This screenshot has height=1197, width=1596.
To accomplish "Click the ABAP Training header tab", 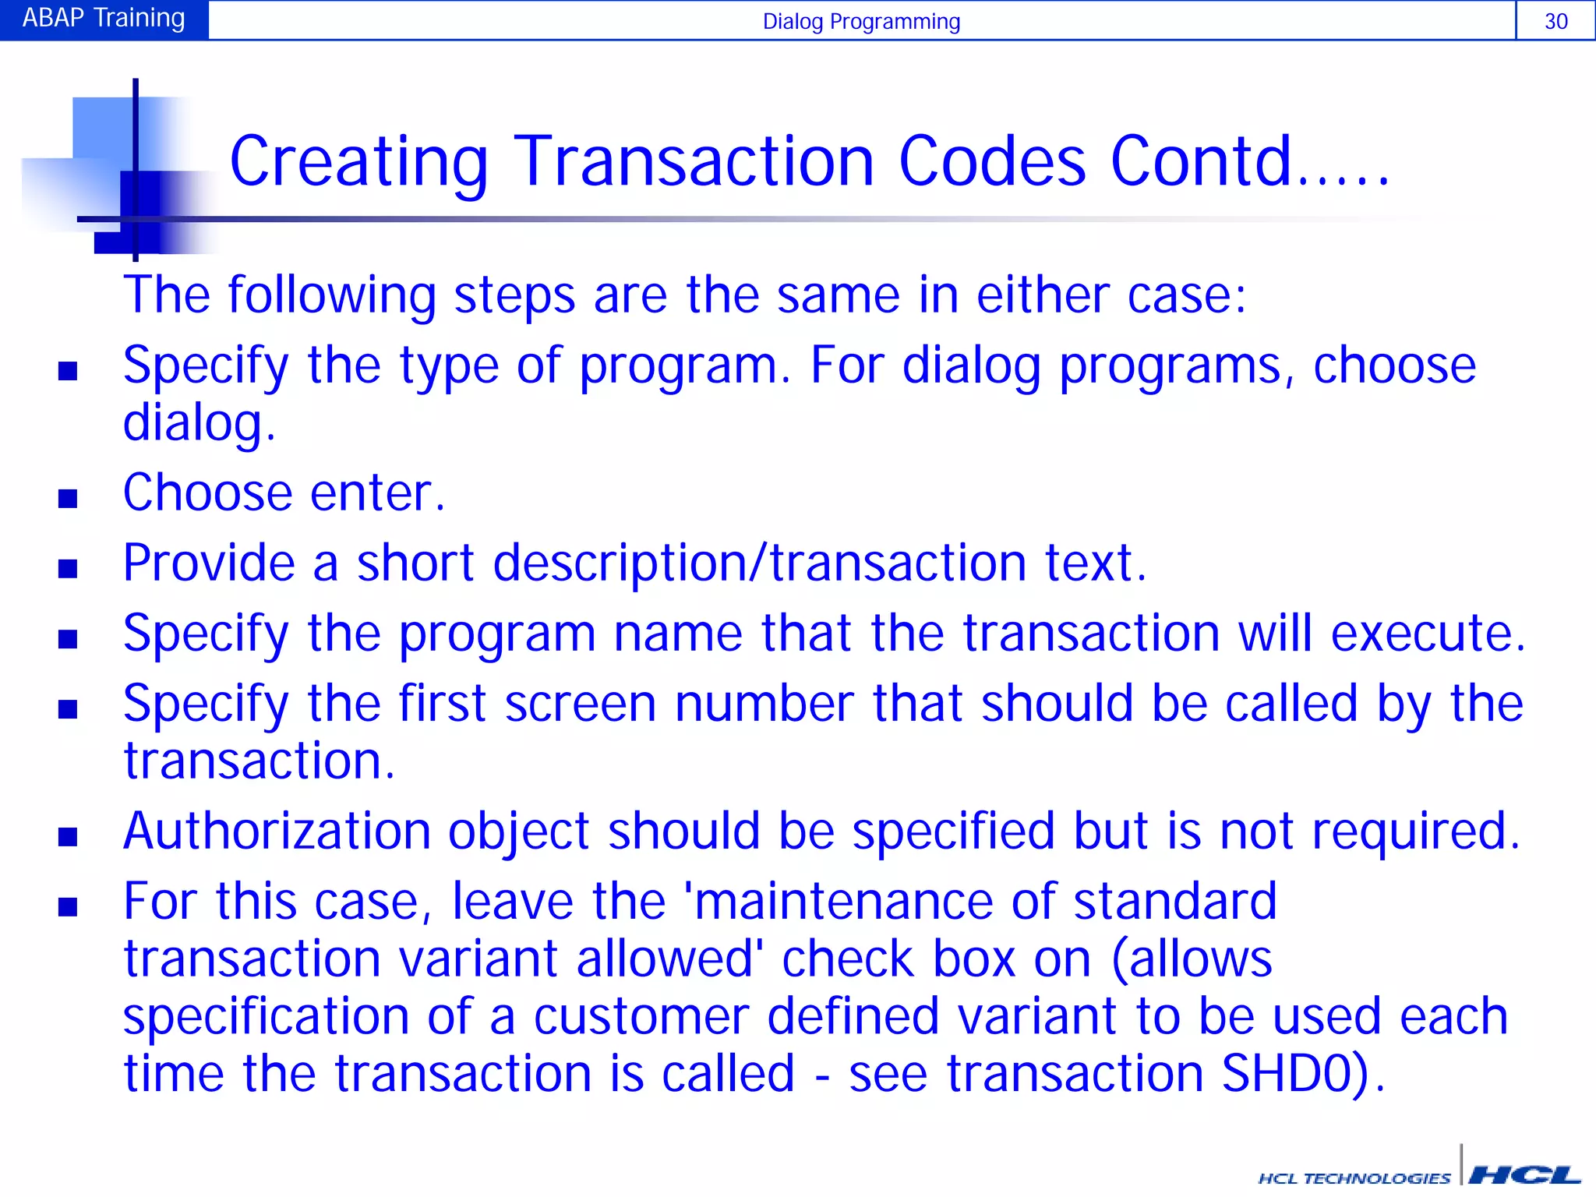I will pyautogui.click(x=104, y=19).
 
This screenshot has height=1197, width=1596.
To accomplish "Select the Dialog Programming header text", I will pyautogui.click(x=860, y=21).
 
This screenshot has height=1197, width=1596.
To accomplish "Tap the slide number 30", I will pyautogui.click(x=1555, y=21).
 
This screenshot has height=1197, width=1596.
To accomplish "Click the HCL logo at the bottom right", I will pyautogui.click(x=1524, y=1174).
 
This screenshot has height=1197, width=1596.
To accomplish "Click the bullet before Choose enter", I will pyautogui.click(x=68, y=498).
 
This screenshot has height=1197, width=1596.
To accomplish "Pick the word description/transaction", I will pyautogui.click(x=759, y=563).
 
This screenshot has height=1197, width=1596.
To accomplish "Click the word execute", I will pyautogui.click(x=1427, y=634).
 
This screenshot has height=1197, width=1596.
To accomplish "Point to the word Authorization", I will pyautogui.click(x=277, y=832).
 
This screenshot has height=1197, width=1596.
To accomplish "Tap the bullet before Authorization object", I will pyautogui.click(x=68, y=837).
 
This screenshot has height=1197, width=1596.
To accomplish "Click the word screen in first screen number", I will pyautogui.click(x=581, y=704).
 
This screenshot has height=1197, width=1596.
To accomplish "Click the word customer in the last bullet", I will pyautogui.click(x=641, y=1018).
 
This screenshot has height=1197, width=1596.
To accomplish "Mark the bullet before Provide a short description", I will pyautogui.click(x=68, y=568).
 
